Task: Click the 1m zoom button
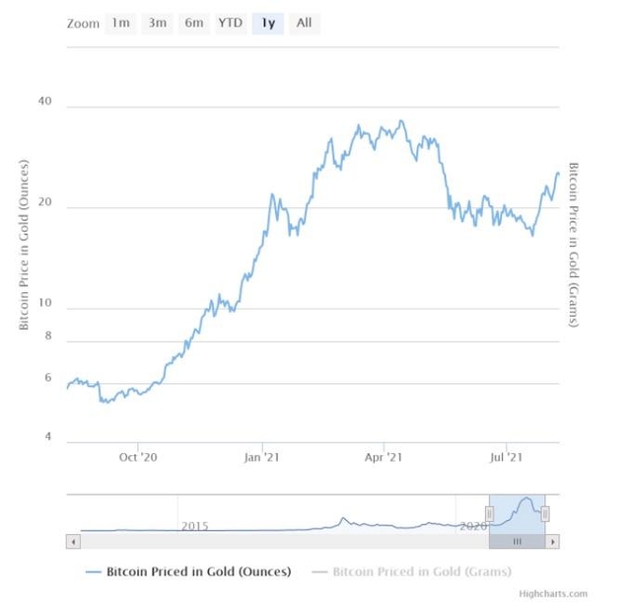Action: click(120, 23)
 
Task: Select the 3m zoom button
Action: click(157, 23)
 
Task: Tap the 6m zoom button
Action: click(193, 23)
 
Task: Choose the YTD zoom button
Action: click(230, 23)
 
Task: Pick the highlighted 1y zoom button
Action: click(267, 23)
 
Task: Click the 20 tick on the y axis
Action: click(43, 206)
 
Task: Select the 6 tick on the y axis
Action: click(46, 378)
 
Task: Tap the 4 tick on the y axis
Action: click(46, 437)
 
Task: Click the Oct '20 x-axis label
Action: click(138, 457)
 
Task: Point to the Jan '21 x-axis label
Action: click(261, 457)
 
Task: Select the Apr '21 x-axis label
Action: click(384, 457)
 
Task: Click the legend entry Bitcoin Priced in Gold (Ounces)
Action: click(198, 570)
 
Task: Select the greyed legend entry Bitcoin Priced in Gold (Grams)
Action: click(421, 570)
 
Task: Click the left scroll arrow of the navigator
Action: click(72, 541)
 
